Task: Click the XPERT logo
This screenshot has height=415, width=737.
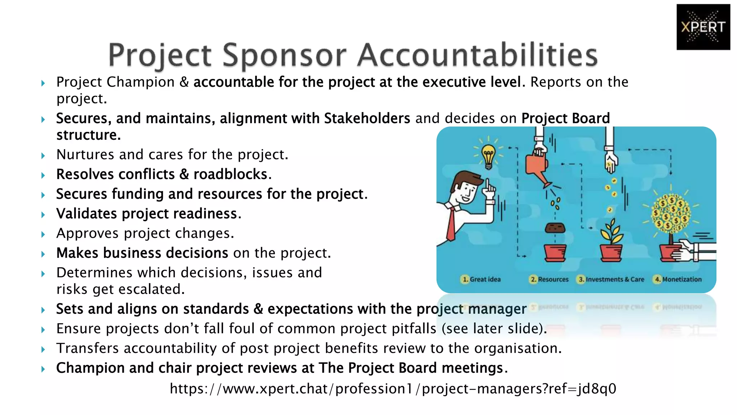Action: [703, 27]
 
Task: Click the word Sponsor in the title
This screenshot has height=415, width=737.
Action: [284, 55]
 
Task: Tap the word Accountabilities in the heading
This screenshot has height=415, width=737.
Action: [477, 55]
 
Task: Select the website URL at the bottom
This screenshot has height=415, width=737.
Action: [393, 389]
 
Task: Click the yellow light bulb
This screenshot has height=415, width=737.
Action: [488, 156]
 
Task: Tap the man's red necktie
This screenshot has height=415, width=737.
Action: [451, 223]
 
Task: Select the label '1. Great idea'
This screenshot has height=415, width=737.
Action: [481, 279]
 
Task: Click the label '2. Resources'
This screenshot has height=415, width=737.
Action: [549, 279]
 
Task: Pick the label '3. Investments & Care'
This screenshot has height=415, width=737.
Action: [611, 279]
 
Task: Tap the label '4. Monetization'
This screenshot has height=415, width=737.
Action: [678, 279]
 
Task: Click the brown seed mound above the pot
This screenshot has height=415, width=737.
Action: [555, 228]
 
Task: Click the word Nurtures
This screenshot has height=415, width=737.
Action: [86, 155]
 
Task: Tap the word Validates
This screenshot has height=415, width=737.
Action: [87, 214]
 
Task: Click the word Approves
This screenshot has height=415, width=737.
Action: [87, 233]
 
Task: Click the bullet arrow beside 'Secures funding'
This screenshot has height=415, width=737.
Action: [43, 195]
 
